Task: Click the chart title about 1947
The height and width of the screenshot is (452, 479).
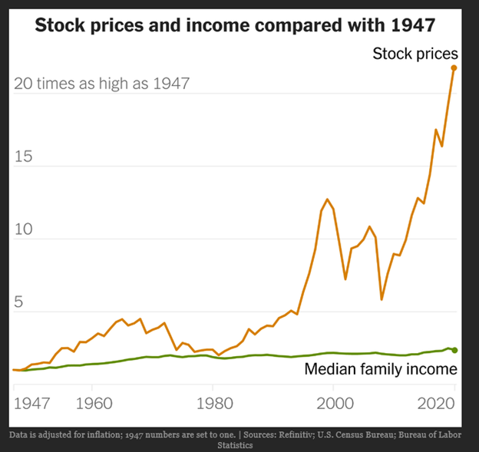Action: [x=235, y=25]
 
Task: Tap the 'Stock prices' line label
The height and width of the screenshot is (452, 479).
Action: [x=415, y=54]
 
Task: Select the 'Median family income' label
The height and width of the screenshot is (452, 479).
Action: [x=381, y=369]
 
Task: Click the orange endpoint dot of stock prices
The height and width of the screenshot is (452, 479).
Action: [x=454, y=68]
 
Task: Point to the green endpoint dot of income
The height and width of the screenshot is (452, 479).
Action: [x=454, y=350]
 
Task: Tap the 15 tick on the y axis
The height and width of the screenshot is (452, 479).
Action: [x=24, y=157]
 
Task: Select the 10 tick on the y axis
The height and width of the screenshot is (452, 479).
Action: [x=24, y=229]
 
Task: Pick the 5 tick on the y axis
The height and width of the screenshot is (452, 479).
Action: [x=19, y=302]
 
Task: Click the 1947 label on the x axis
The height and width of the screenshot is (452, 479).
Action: [x=31, y=401]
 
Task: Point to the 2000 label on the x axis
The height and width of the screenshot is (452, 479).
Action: [x=334, y=401]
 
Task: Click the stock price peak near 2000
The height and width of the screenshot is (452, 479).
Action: [x=327, y=200]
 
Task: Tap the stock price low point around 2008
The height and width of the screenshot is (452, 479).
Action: [x=382, y=299]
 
